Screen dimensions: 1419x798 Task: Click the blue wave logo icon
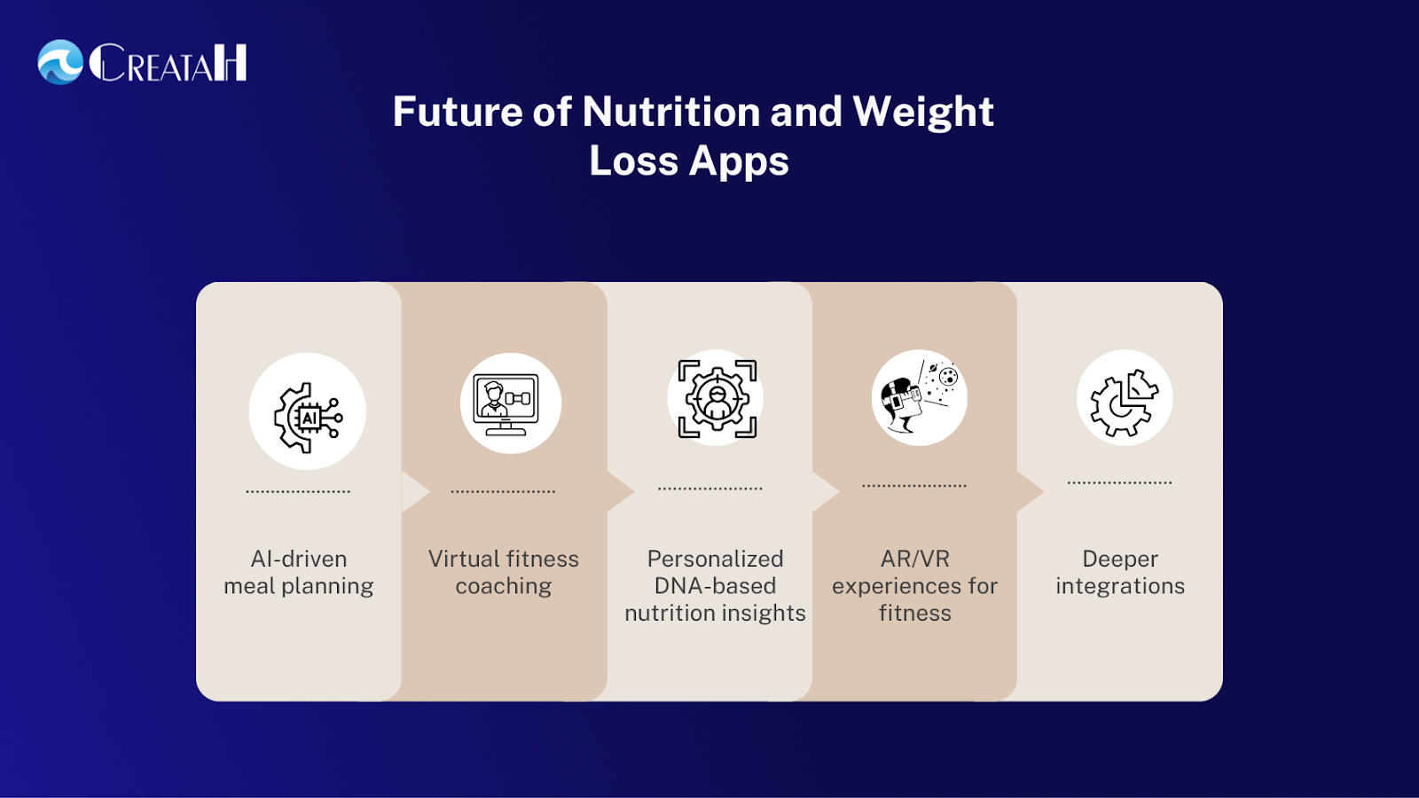(x=60, y=62)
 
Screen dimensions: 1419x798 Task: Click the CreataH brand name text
(x=168, y=62)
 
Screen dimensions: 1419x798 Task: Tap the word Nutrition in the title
(x=670, y=112)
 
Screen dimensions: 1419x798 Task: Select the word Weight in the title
(x=923, y=113)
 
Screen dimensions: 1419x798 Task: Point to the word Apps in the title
(x=739, y=161)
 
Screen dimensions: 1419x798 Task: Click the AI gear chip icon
(x=308, y=418)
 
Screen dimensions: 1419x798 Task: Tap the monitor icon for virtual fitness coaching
(x=506, y=404)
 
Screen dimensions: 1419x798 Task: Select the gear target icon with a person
(x=717, y=398)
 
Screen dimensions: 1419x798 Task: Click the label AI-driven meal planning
(x=298, y=573)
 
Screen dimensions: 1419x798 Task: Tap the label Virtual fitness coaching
(x=504, y=573)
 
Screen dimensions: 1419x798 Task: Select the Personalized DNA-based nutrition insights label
(x=715, y=586)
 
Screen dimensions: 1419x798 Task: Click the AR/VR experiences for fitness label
(x=914, y=586)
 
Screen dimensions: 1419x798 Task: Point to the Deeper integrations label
(x=1120, y=573)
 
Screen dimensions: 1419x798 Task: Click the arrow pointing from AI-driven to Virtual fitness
(x=416, y=491)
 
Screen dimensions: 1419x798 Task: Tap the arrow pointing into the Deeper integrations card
(x=1030, y=491)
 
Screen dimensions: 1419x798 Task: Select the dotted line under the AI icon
(x=298, y=491)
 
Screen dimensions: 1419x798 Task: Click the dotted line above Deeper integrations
(x=1119, y=482)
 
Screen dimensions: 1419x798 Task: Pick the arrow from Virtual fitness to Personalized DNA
(x=621, y=491)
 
